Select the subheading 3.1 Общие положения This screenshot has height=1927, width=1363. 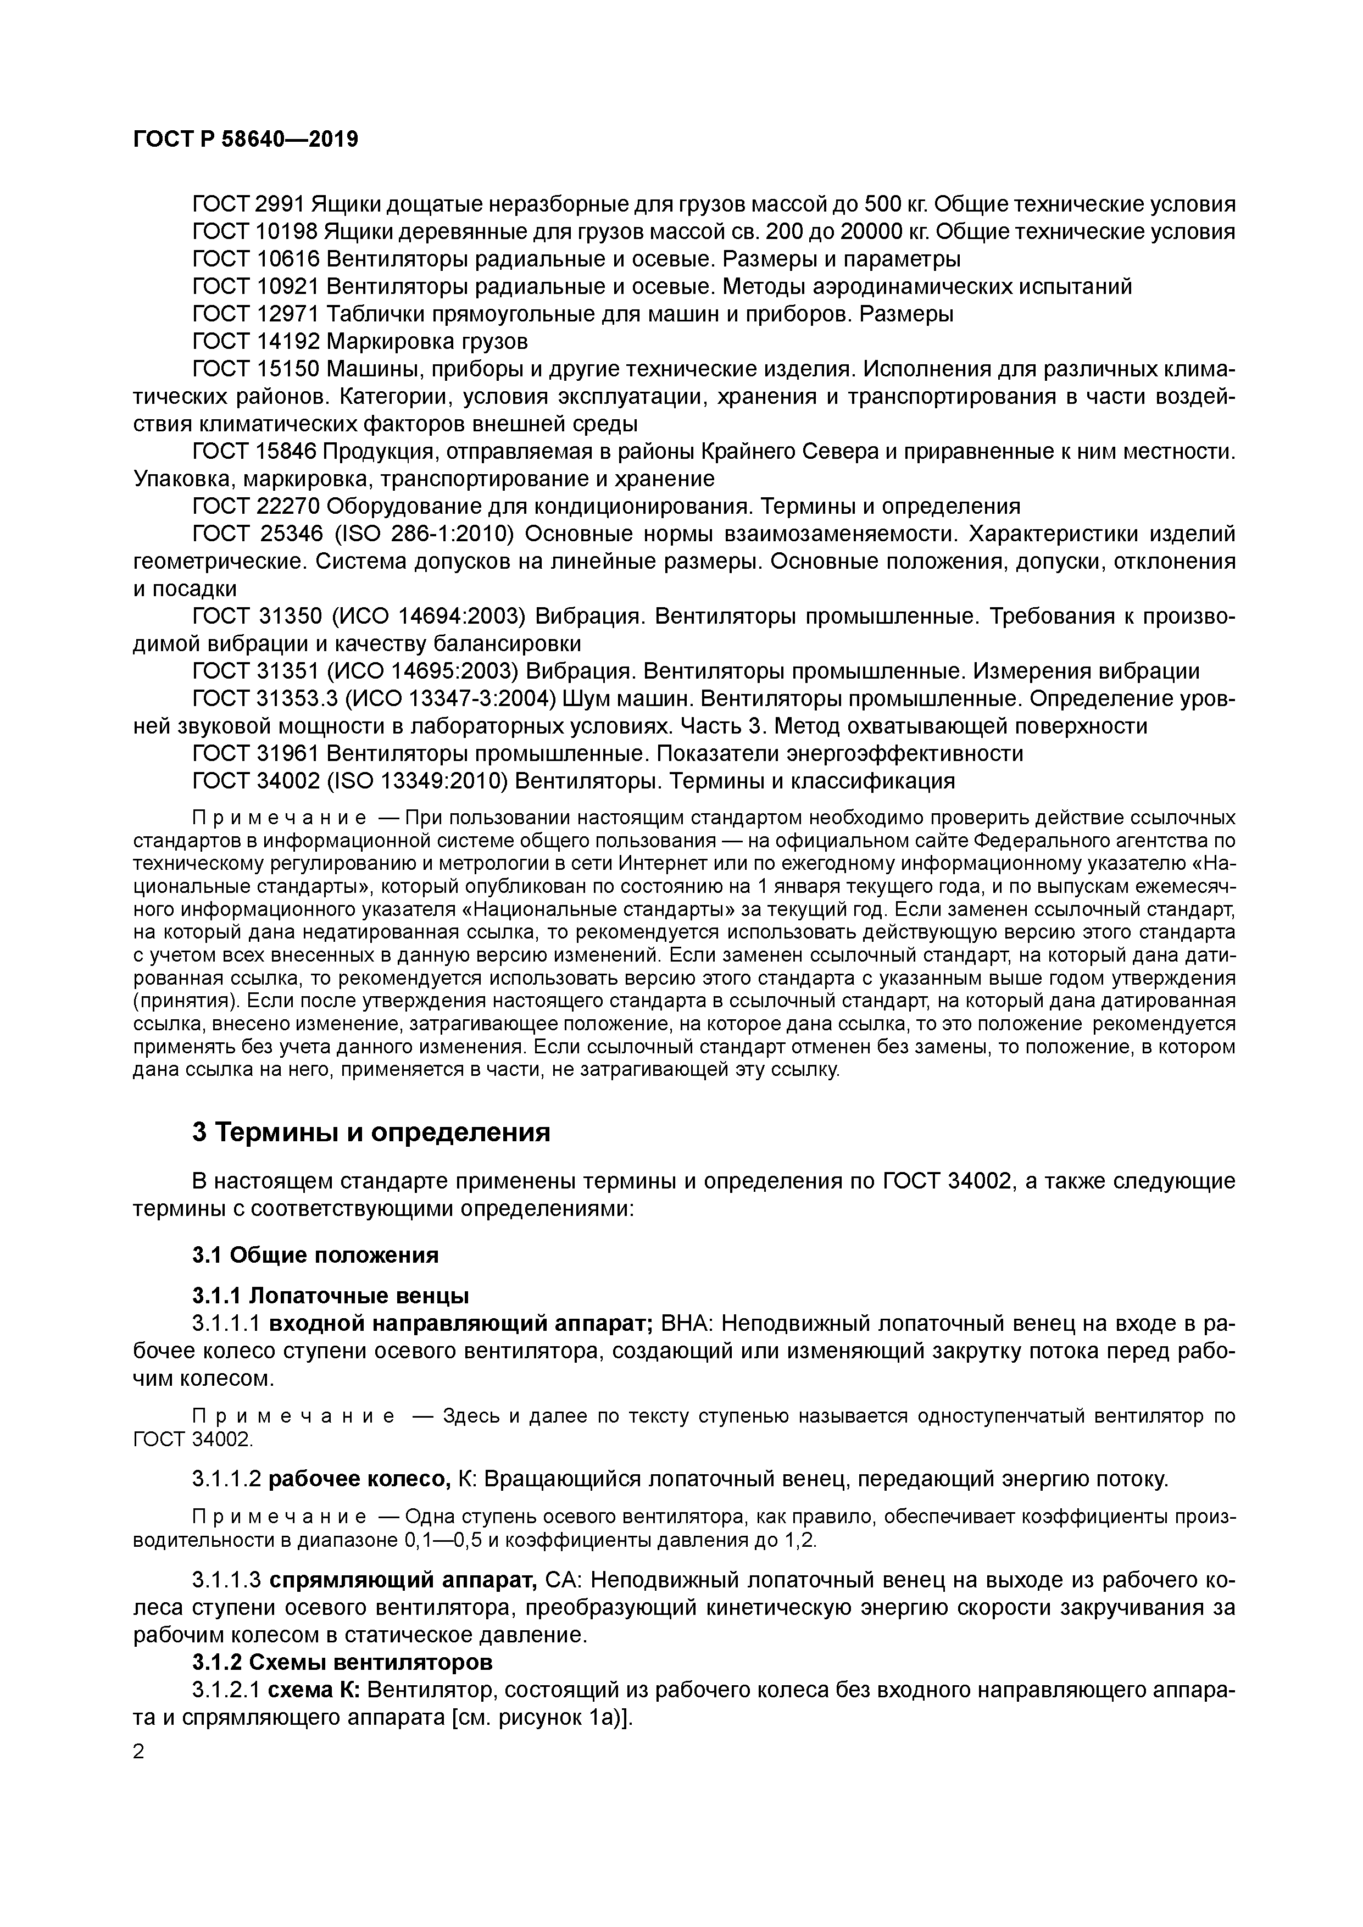coord(315,1256)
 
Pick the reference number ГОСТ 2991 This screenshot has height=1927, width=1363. coord(248,204)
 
